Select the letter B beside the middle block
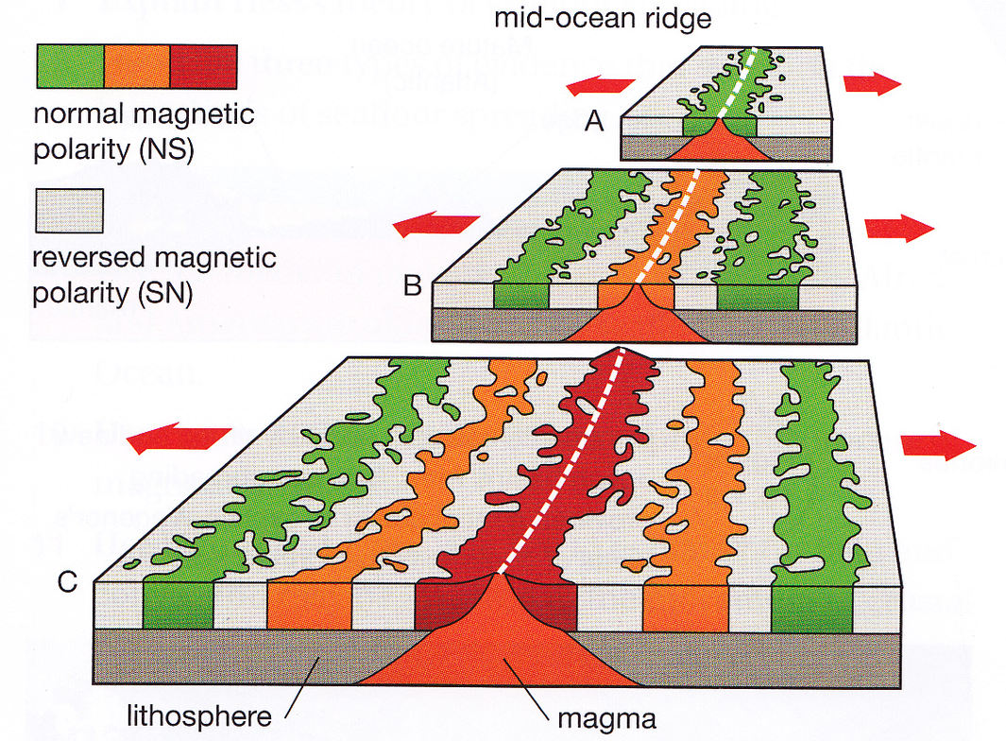[x=413, y=284]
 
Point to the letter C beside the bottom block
[x=67, y=583]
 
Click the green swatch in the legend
[x=70, y=66]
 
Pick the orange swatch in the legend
[x=137, y=66]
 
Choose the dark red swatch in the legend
[x=203, y=66]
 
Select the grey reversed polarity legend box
[x=69, y=210]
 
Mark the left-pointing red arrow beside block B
[x=435, y=225]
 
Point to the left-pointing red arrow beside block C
[x=179, y=438]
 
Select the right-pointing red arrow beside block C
[x=940, y=445]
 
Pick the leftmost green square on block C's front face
[x=179, y=605]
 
